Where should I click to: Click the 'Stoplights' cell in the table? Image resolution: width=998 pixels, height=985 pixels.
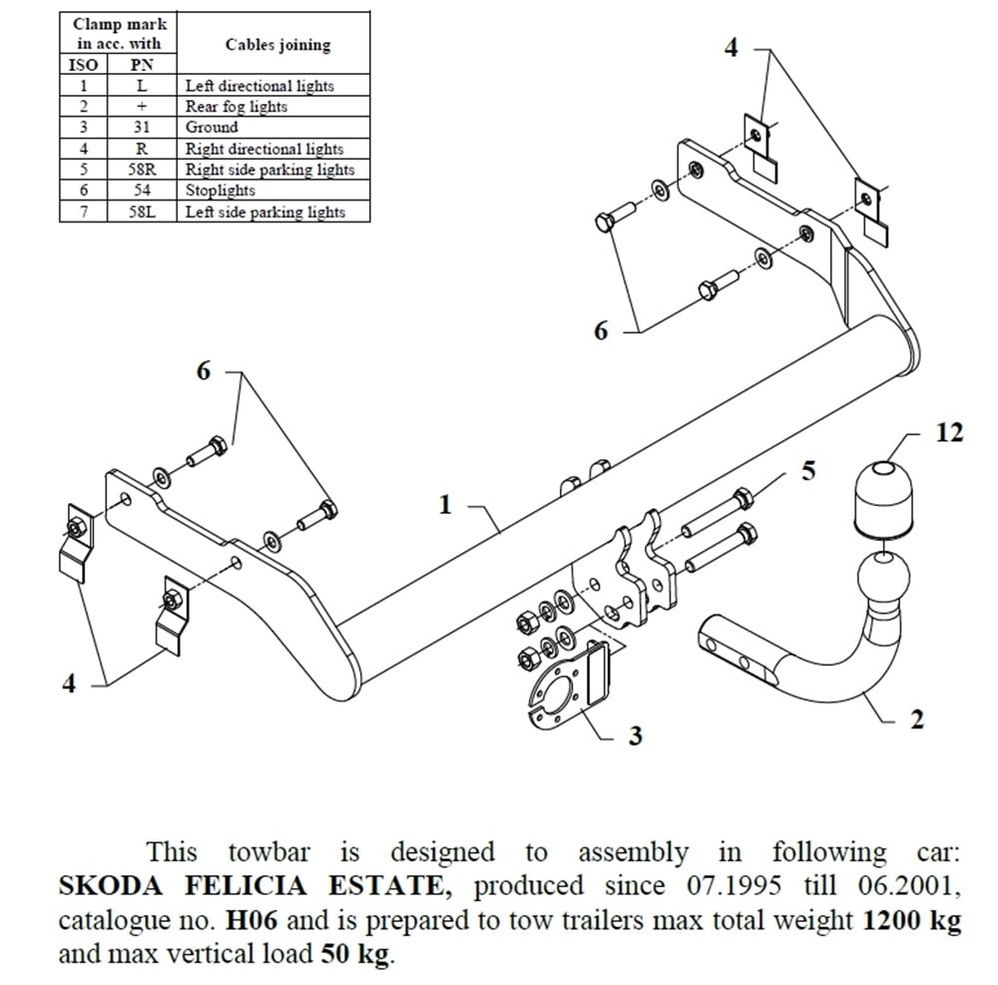pyautogui.click(x=221, y=191)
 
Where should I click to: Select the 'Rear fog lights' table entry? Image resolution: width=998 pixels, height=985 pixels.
pyautogui.click(x=237, y=107)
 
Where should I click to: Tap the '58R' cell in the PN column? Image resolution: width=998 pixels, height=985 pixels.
pyautogui.click(x=142, y=170)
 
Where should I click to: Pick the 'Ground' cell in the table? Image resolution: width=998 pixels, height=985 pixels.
pyautogui.click(x=212, y=128)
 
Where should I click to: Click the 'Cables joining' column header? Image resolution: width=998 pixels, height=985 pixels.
pyautogui.click(x=277, y=45)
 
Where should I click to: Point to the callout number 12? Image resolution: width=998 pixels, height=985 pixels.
pyautogui.click(x=950, y=434)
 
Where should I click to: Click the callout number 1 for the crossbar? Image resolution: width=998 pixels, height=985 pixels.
pyautogui.click(x=446, y=505)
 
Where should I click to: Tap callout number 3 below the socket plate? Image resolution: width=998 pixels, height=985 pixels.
pyautogui.click(x=635, y=737)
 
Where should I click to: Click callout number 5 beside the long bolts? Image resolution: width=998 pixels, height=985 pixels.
pyautogui.click(x=808, y=469)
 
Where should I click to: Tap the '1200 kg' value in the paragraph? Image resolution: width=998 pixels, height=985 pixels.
pyautogui.click(x=909, y=919)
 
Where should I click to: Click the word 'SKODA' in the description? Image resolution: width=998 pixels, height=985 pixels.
pyautogui.click(x=107, y=886)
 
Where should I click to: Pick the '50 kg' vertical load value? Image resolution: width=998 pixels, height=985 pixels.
pyautogui.click(x=356, y=953)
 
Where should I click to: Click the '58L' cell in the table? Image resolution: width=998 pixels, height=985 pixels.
pyautogui.click(x=142, y=212)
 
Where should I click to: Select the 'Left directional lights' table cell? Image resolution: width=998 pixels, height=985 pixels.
pyautogui.click(x=259, y=86)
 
